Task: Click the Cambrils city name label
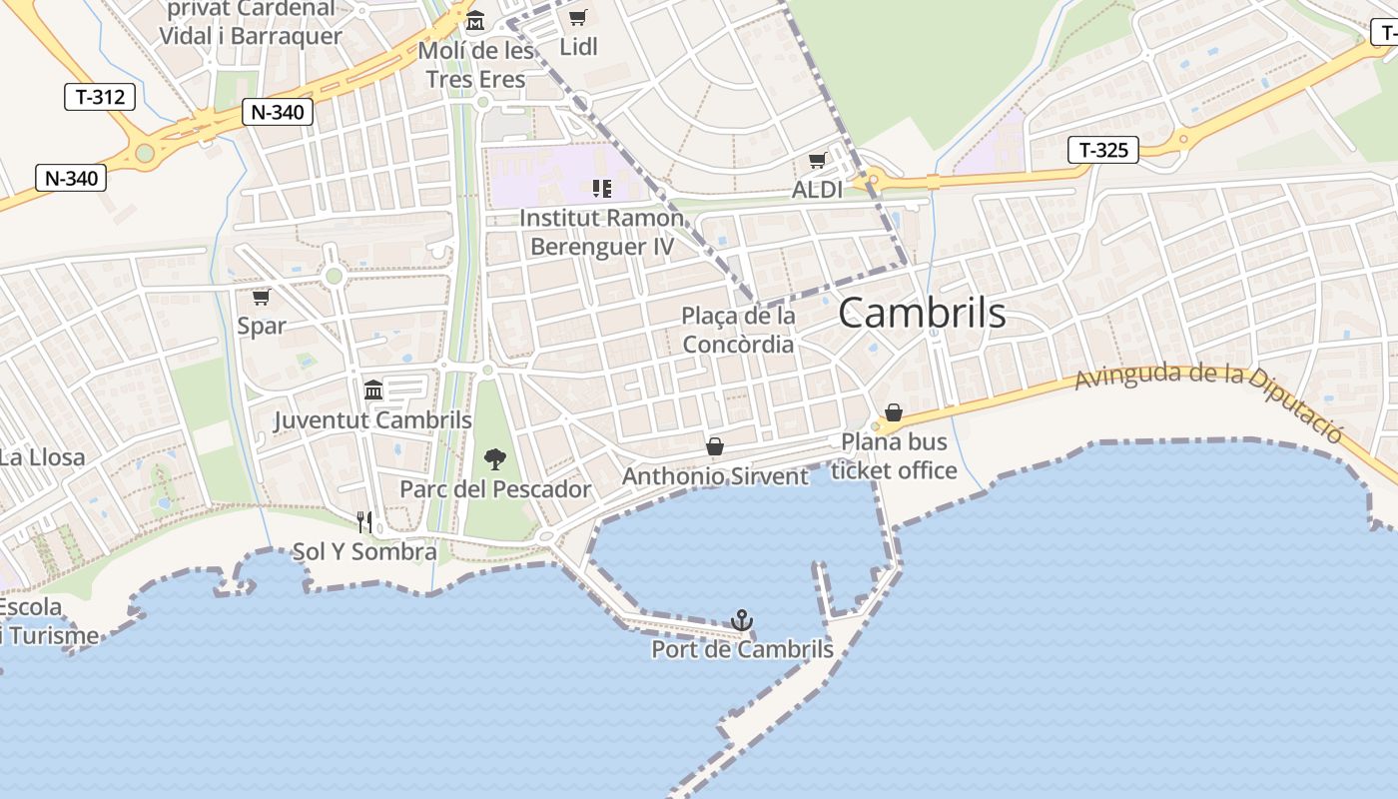pos(922,314)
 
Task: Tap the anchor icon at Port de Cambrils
pos(741,621)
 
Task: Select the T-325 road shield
pos(1102,151)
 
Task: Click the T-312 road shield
pos(100,97)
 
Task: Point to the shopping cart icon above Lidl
pos(577,17)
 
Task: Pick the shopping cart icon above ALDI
pos(817,161)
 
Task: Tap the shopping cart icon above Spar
pos(261,298)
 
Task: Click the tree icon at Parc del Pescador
pos(494,459)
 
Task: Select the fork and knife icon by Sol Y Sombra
pos(364,522)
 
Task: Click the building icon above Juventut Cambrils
pos(373,390)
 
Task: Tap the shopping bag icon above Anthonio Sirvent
pos(715,446)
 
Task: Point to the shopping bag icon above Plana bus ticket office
pos(894,412)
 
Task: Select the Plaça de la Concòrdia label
pos(738,331)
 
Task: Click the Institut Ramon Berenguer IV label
pos(602,232)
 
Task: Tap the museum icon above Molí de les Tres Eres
pos(475,21)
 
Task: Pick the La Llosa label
pos(42,458)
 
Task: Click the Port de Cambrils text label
pos(742,649)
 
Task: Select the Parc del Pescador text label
pos(495,489)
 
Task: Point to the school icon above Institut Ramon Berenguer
pos(601,188)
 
